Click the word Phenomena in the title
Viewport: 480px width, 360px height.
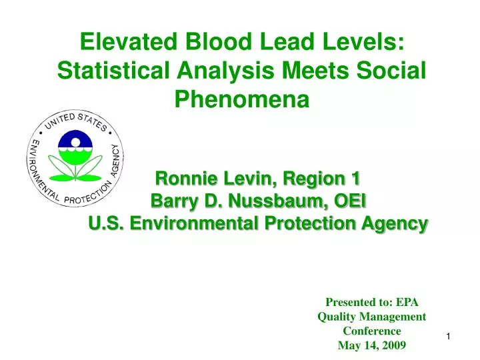coord(242,99)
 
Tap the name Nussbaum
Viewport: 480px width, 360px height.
coord(271,201)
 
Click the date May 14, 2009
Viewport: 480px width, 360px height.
coord(371,345)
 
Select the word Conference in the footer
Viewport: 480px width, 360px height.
coord(371,331)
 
